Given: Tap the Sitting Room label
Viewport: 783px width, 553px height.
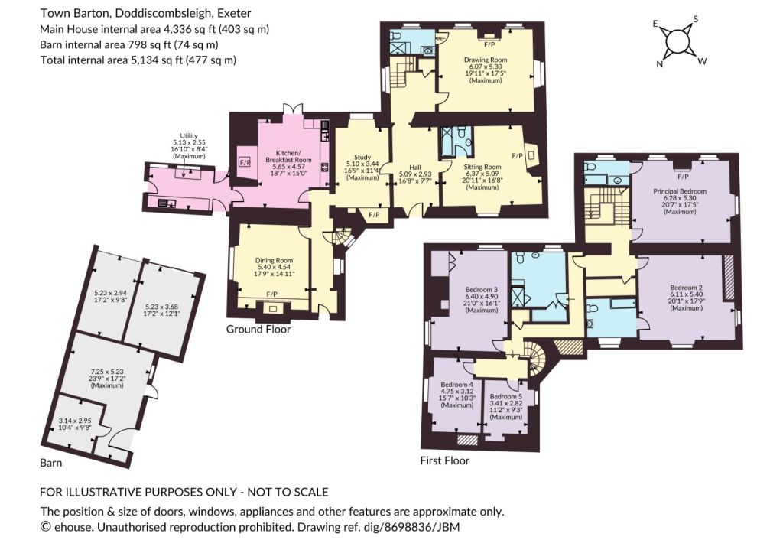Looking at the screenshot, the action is (x=482, y=167).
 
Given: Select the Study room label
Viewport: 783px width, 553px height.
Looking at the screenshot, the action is (x=362, y=157).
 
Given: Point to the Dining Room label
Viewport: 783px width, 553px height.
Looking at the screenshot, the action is (x=274, y=260).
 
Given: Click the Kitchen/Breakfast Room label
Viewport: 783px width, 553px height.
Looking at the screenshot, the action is (x=288, y=156).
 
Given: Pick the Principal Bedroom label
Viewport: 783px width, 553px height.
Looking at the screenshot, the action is (x=680, y=191).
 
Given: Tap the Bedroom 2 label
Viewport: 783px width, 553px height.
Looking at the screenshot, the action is (x=686, y=288).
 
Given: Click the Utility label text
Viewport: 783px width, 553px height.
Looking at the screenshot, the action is (x=189, y=136).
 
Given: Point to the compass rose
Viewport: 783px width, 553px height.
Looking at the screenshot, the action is (x=677, y=41).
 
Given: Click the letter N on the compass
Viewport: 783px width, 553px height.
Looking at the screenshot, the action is (x=659, y=64).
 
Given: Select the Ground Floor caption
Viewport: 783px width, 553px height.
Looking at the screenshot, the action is (x=258, y=329).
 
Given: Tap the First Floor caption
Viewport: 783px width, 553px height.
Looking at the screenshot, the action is (x=444, y=460).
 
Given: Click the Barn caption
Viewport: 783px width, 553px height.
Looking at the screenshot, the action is (x=51, y=463).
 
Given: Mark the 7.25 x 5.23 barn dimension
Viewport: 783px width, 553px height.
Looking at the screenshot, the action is (x=107, y=372).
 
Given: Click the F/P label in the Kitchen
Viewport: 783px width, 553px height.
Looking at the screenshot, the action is (x=245, y=162).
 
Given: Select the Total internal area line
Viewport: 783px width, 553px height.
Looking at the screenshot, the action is (x=138, y=60).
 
